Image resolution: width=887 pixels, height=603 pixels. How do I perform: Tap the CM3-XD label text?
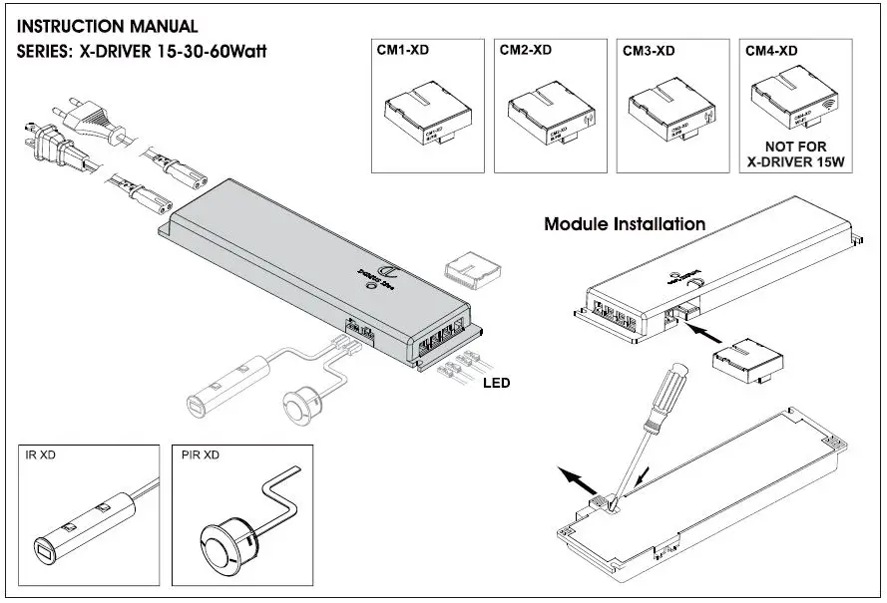649,50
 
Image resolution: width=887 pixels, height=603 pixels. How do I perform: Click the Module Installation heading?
624,224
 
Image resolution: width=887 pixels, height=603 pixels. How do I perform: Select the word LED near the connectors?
496,382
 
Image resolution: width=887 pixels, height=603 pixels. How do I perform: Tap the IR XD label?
41,454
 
